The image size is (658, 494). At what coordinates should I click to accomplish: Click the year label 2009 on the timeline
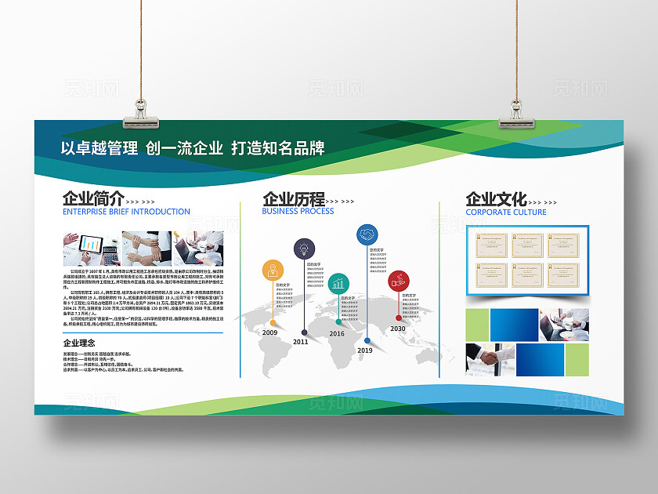tap(270, 332)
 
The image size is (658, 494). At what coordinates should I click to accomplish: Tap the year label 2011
tap(301, 342)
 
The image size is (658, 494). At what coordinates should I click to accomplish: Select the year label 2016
tap(337, 333)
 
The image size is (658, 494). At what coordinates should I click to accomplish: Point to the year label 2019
tap(365, 351)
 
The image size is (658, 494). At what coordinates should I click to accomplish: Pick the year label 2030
tap(398, 329)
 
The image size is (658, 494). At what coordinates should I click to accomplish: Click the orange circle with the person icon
tap(273, 271)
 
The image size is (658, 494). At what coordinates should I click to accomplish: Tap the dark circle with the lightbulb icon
tap(302, 249)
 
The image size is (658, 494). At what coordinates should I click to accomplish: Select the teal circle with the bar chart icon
tap(338, 283)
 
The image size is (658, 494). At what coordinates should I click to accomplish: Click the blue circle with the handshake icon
tap(367, 234)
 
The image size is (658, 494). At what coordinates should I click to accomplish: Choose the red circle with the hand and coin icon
tap(399, 279)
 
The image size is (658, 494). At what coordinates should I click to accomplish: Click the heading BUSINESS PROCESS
tap(298, 211)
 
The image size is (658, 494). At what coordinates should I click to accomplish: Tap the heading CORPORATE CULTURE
tap(506, 212)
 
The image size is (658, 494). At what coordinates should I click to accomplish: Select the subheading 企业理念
tap(78, 343)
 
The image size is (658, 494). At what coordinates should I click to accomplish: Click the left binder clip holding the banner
tap(141, 114)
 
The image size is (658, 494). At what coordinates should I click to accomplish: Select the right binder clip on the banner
tap(518, 114)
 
